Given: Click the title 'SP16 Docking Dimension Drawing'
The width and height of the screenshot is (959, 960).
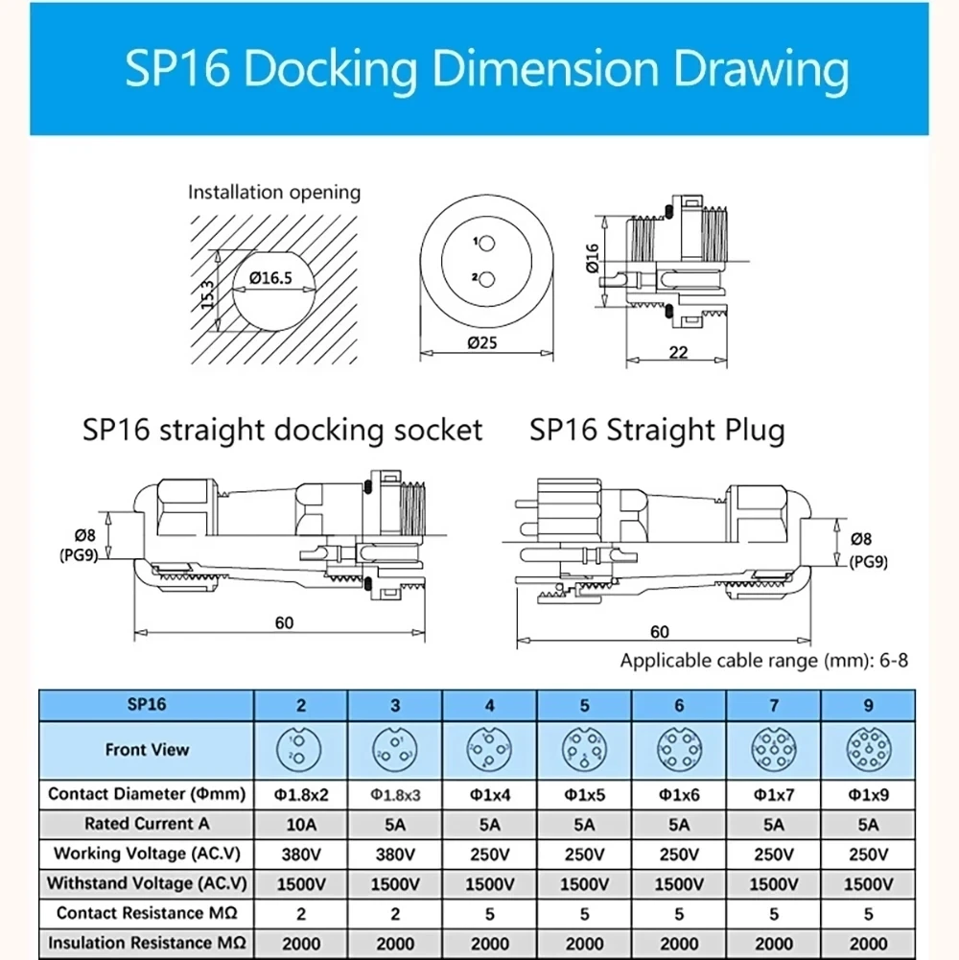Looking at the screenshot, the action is (487, 70).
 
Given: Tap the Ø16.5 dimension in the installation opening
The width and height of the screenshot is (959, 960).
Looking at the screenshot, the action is (270, 278).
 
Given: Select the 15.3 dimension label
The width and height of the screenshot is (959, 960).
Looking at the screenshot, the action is (208, 290).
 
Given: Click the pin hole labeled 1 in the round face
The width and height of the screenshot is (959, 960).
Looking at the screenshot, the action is (487, 245).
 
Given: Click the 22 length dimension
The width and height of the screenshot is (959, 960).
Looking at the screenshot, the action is (678, 352).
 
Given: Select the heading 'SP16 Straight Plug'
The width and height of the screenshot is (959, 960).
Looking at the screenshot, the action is (657, 430).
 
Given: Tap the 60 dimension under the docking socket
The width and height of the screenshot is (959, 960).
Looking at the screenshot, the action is (284, 622).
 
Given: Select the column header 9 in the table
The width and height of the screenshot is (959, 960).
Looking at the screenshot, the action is (869, 706).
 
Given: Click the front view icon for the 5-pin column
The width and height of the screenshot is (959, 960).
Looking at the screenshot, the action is (584, 750).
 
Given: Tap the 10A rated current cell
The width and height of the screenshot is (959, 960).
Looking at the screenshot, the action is (301, 824).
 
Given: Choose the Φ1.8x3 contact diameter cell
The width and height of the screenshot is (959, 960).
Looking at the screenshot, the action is (395, 794).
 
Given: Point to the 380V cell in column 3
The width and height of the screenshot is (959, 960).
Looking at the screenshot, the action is (395, 854).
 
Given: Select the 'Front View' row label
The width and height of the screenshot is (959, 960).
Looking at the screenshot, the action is (147, 750).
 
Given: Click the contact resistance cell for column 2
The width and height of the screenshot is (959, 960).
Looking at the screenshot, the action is (301, 913).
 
